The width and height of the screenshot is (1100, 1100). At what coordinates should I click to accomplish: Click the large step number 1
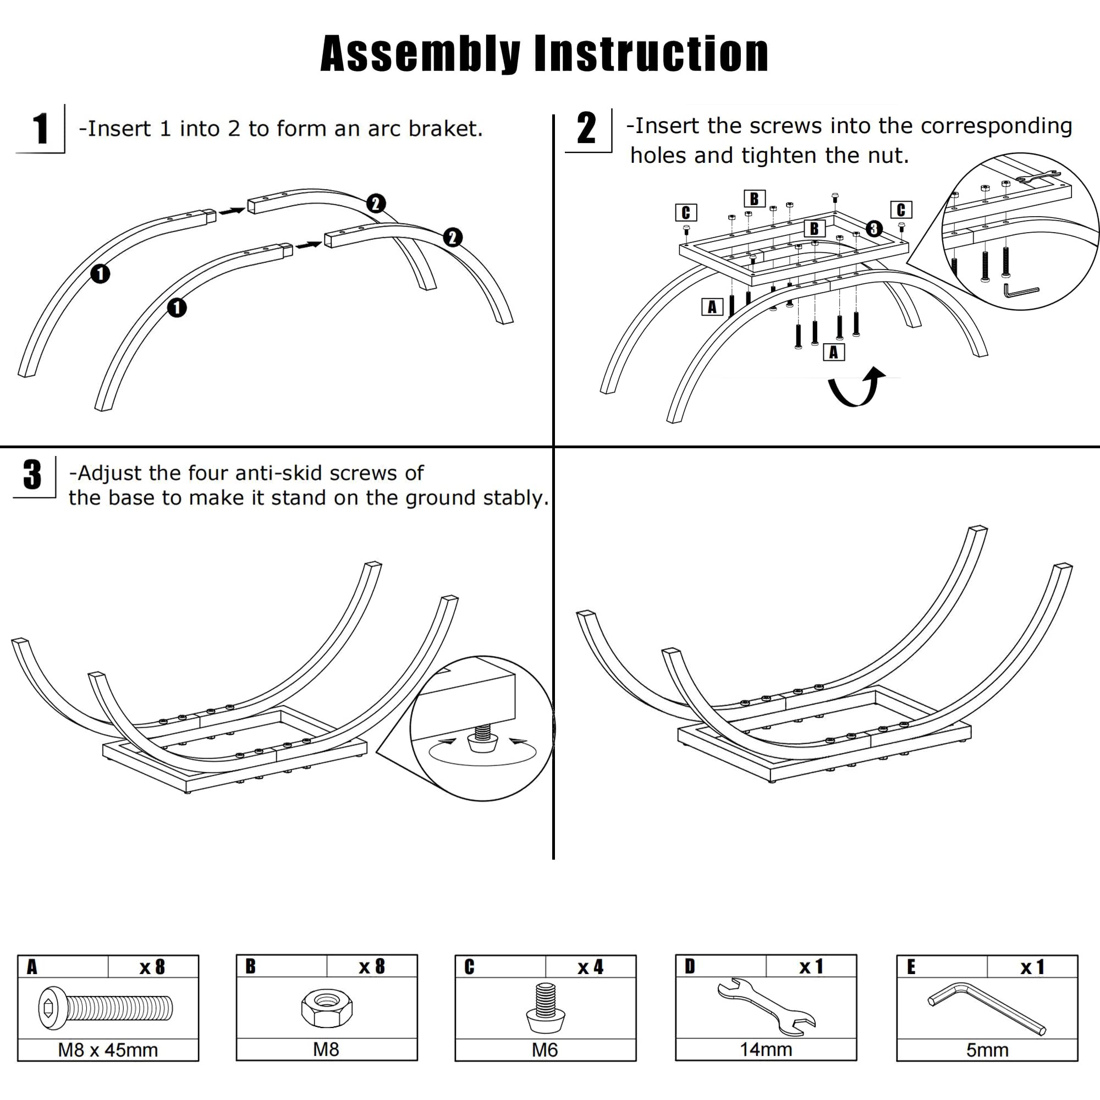click(40, 129)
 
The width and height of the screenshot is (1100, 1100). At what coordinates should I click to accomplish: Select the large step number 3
click(32, 474)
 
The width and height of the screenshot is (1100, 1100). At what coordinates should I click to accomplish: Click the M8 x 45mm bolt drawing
click(106, 1008)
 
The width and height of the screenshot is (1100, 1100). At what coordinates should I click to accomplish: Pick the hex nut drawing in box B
click(327, 1007)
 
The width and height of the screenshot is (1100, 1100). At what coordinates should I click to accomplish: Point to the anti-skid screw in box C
click(546, 1007)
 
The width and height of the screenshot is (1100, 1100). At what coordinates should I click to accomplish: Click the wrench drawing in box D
click(766, 1007)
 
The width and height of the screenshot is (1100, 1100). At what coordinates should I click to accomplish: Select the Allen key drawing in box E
click(987, 1008)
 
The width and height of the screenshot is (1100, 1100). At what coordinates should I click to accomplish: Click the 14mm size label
click(766, 1049)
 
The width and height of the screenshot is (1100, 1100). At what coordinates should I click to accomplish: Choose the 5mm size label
click(987, 1050)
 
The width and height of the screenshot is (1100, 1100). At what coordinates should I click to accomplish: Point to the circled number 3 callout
click(874, 229)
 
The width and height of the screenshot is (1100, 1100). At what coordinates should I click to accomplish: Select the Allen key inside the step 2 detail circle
click(1020, 290)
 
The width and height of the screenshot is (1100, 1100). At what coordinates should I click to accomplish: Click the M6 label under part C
click(545, 1050)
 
